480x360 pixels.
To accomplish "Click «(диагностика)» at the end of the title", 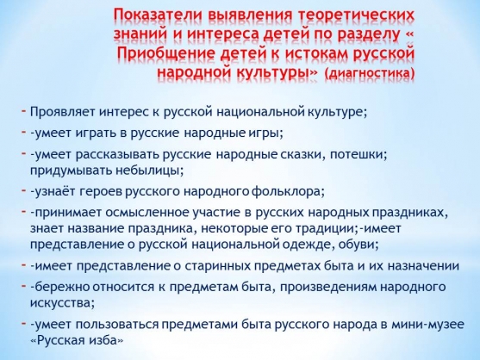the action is (370, 73).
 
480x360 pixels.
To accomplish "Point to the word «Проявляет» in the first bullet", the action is (62, 112).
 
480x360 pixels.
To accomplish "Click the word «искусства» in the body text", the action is (60, 303).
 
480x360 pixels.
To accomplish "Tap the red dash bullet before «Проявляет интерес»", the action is (24, 110).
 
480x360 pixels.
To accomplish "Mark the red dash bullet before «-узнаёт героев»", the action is (24, 190).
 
